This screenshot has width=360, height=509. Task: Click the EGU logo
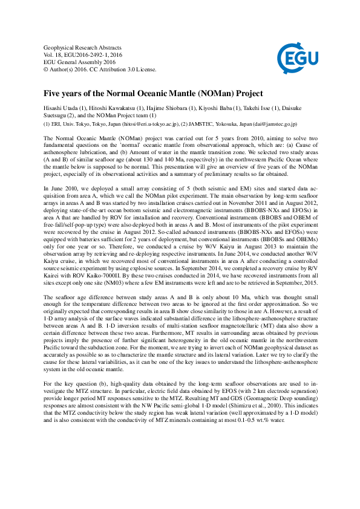(295, 59)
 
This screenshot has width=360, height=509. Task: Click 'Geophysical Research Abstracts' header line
(83, 48)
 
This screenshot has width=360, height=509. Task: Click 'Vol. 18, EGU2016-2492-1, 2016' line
(83, 55)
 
